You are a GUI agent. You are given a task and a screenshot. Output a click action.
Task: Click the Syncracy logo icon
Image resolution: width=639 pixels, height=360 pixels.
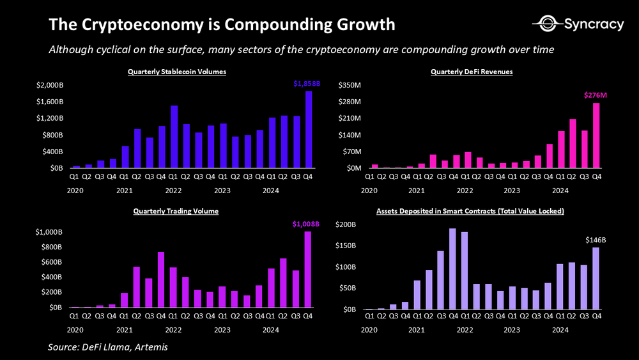tap(547, 24)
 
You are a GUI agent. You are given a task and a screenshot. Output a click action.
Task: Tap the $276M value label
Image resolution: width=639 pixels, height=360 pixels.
tap(595, 95)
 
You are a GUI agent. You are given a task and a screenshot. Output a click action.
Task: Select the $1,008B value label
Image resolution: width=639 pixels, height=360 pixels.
tap(305, 224)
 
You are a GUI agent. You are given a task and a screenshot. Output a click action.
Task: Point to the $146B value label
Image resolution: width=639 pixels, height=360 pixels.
tap(595, 240)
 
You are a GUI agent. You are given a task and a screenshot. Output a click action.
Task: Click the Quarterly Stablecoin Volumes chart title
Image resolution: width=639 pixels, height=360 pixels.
tap(177, 72)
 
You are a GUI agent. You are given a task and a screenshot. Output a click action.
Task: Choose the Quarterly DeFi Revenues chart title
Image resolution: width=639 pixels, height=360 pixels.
tap(472, 72)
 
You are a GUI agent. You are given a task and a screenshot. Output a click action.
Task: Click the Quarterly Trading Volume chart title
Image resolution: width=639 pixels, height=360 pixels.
tap(176, 211)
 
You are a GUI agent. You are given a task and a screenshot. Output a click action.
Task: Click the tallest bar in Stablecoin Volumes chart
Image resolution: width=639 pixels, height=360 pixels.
tap(309, 129)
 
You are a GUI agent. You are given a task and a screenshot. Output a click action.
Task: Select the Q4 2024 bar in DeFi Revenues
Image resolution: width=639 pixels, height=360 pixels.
tap(596, 136)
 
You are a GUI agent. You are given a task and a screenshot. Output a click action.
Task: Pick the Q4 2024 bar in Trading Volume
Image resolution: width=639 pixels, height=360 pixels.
tap(308, 269)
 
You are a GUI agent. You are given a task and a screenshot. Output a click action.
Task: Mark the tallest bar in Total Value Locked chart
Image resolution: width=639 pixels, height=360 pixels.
tap(453, 269)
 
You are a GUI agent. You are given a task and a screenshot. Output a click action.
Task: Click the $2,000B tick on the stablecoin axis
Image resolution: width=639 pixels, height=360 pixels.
tap(50, 86)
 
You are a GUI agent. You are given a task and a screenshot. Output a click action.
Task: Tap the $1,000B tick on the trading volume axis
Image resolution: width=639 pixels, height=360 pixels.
tap(50, 232)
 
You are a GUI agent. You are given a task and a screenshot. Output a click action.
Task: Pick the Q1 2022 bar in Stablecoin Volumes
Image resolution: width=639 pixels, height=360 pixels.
tap(174, 137)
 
